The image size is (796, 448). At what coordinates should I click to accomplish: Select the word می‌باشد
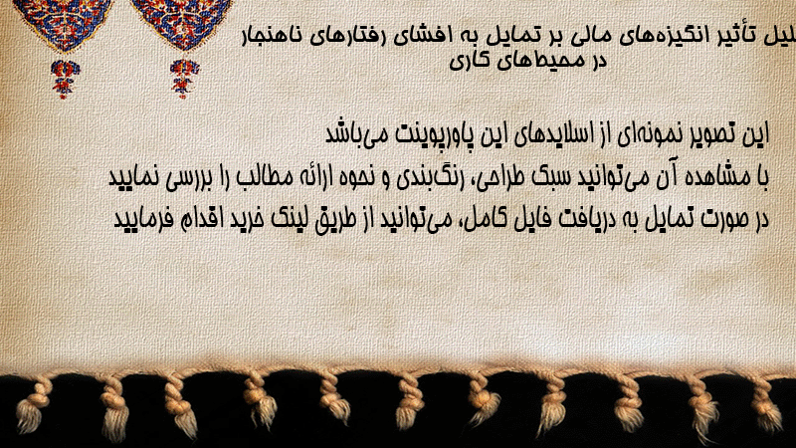tap(354, 133)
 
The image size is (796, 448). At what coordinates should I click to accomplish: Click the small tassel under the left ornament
tap(64, 79)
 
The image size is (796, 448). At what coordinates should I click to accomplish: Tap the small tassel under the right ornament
tap(184, 79)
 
